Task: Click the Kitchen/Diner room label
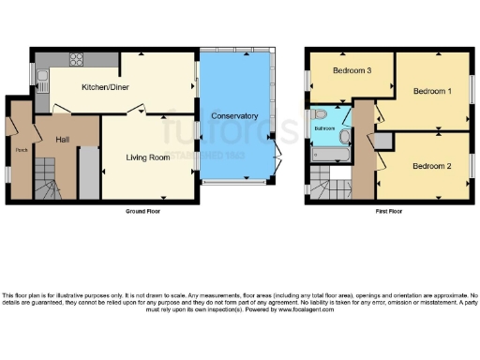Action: coord(105,87)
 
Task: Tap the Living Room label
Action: coord(148,157)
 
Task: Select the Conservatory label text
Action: coord(234,115)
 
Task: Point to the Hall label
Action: coord(63,140)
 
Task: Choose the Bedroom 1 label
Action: coord(432,91)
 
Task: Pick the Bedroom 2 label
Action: coord(432,166)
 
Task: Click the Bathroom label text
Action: coord(324,127)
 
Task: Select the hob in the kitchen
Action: coord(76,63)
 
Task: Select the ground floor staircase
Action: coord(44,178)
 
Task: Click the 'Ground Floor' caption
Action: coord(144,212)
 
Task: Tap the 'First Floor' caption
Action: coord(386,212)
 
